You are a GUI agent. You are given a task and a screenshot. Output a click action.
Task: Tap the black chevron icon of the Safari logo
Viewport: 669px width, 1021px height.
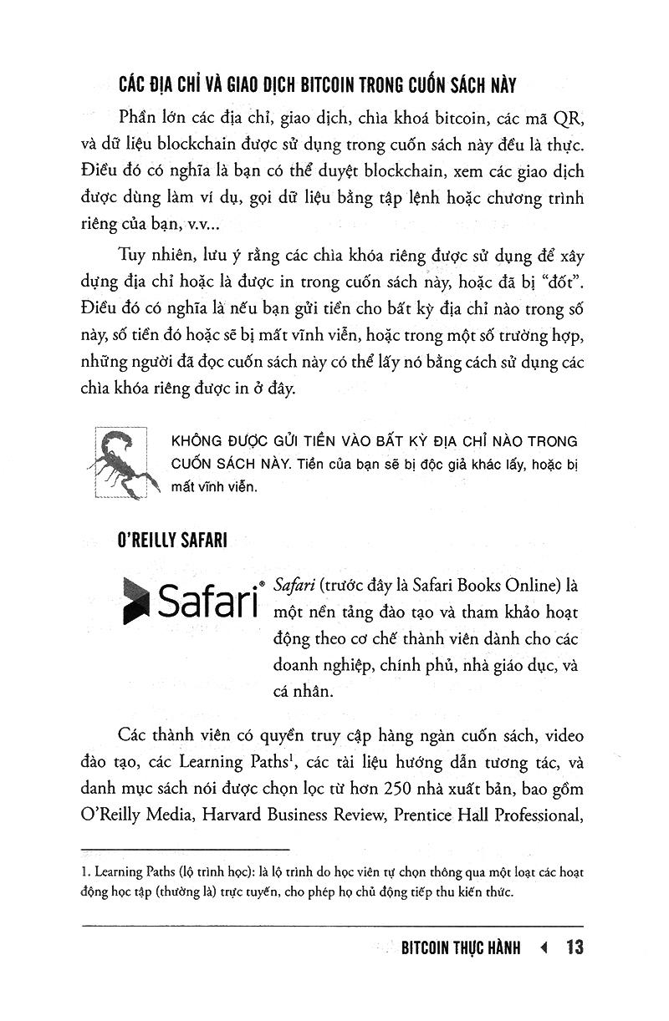tap(135, 599)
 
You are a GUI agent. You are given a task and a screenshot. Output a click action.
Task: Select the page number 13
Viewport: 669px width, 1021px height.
tap(573, 947)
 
